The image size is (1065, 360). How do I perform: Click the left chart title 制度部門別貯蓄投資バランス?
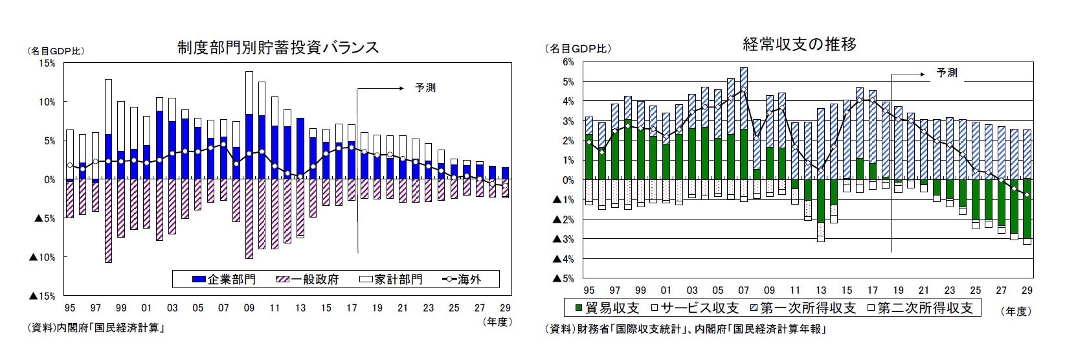tap(278, 47)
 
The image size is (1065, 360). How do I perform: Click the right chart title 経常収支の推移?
tap(801, 44)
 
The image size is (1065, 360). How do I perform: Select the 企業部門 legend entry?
tap(224, 280)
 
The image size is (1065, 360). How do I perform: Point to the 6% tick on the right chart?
tap(568, 62)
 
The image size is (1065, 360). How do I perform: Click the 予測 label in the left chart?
tap(425, 87)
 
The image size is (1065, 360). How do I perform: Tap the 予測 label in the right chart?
tap(947, 73)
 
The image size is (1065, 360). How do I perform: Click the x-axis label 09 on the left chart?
tap(249, 308)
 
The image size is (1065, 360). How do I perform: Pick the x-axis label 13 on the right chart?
tap(820, 290)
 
